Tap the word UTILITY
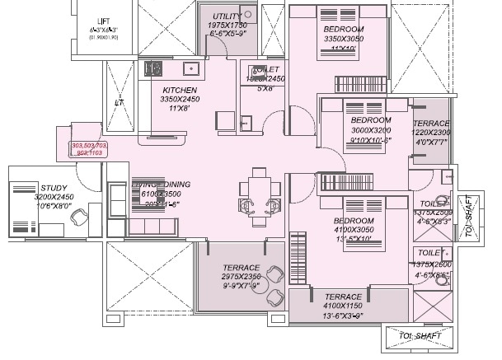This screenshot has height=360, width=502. (226, 16)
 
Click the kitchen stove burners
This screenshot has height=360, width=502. (152, 68)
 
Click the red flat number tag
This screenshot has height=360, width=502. (89, 149)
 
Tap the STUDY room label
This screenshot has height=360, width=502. (53, 187)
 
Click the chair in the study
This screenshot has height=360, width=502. (79, 217)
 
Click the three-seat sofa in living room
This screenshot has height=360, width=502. (152, 225)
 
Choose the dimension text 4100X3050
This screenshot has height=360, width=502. (354, 231)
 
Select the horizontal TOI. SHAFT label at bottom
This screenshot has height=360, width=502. (418, 335)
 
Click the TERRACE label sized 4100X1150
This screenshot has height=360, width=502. (343, 297)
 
